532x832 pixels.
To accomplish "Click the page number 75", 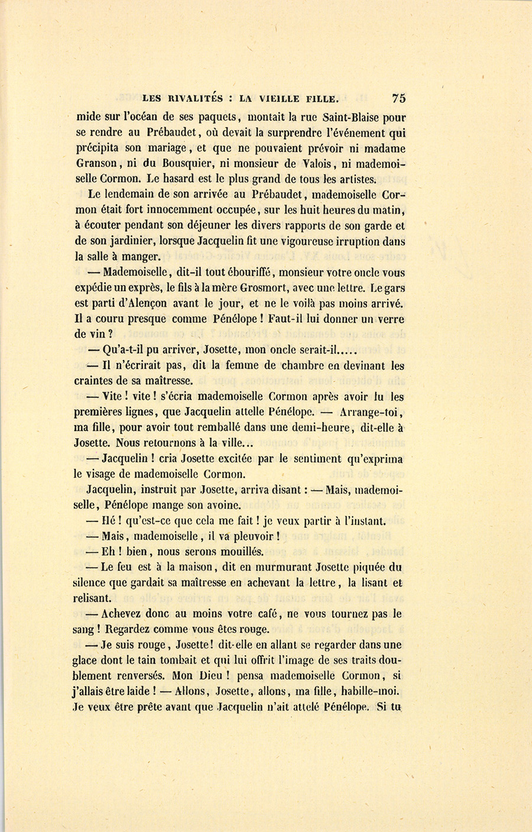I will pyautogui.click(x=397, y=98).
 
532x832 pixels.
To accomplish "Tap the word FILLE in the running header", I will pyautogui.click(x=320, y=99).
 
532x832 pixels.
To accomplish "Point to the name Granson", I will pyautogui.click(x=96, y=164).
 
